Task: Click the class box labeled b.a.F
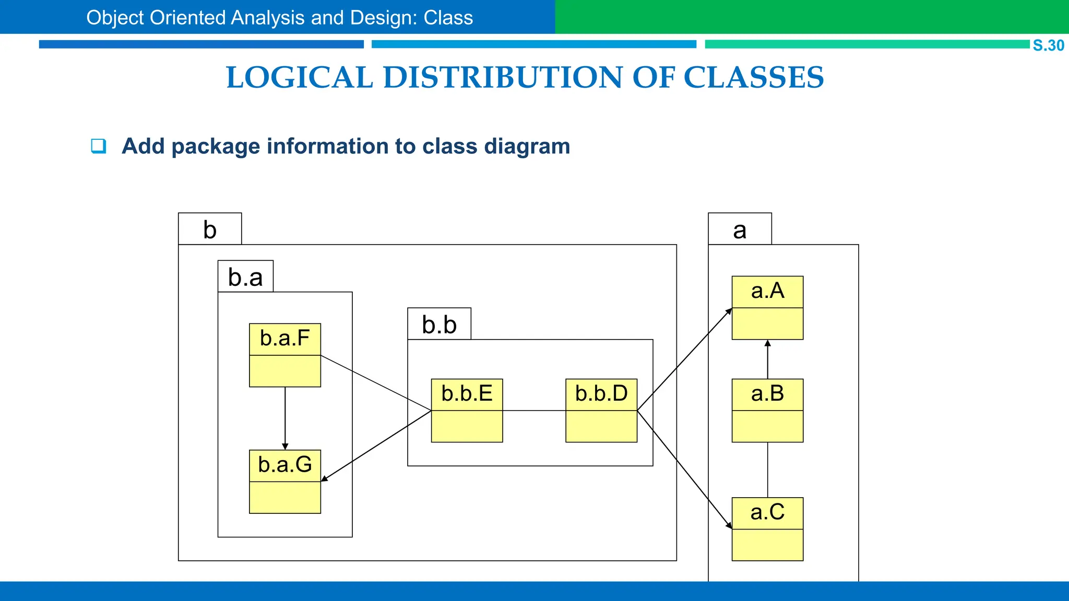285,355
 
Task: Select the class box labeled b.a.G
285,482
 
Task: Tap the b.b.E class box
467,411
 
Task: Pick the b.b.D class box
601,411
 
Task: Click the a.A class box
767,308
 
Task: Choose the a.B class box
767,411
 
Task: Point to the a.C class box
767,529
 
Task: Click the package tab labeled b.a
245,277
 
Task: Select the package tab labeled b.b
439,324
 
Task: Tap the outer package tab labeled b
210,229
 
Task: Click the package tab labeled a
740,229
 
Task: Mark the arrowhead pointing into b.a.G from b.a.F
285,446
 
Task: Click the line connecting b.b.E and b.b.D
534,411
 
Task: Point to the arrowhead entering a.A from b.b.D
729,311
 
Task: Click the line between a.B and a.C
767,470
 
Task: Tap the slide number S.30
1048,45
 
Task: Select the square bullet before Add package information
98,146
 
